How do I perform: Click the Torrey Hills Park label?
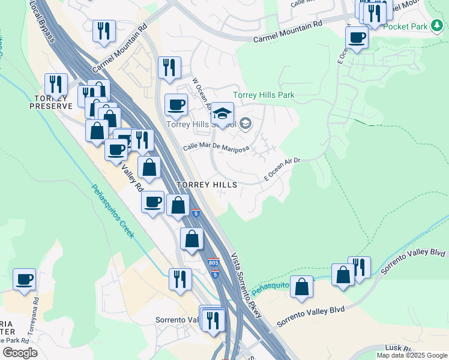pyautogui.click(x=264, y=95)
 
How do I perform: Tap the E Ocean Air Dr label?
pyautogui.click(x=282, y=169)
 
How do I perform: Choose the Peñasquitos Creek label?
pyautogui.click(x=112, y=210)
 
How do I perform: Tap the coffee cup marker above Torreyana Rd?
pyautogui.click(x=25, y=280)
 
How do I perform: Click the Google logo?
pyautogui.click(x=20, y=353)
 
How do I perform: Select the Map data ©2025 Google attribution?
pyautogui.click(x=412, y=355)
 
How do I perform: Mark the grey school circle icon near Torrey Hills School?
pyautogui.click(x=245, y=124)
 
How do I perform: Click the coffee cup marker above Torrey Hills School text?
pyautogui.click(x=176, y=105)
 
